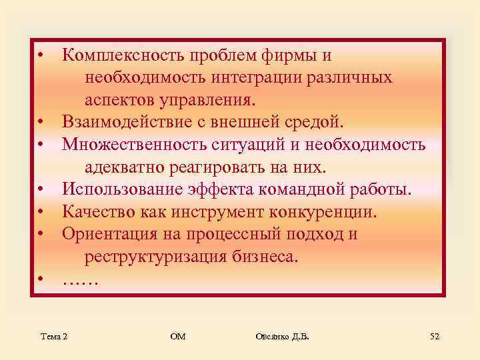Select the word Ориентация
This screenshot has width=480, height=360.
click(112, 235)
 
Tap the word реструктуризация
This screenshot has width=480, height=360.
click(157, 257)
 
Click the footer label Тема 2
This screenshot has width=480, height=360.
click(53, 337)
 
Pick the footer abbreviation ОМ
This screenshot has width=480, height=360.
click(177, 337)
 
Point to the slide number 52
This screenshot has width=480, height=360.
click(435, 337)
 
